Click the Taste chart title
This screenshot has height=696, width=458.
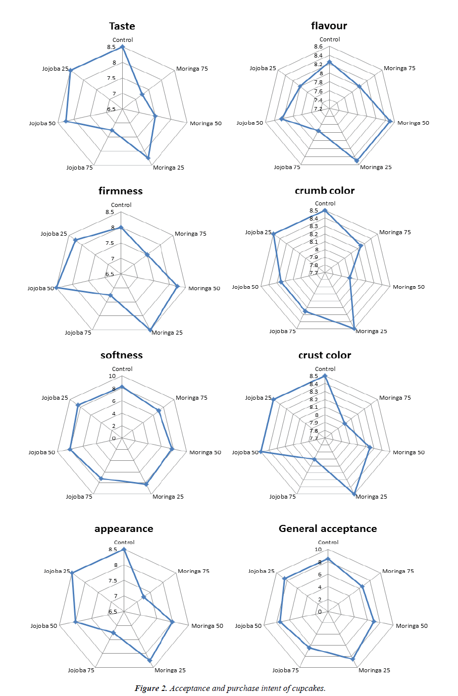coord(122,26)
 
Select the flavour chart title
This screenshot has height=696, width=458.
coord(329,26)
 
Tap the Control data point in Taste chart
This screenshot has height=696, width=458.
coord(122,47)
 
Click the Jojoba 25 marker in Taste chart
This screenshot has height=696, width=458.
coord(70,70)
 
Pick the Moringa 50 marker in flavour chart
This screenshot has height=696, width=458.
coord(390,121)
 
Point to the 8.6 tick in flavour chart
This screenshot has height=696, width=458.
coord(318,46)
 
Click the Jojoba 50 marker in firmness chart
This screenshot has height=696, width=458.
coord(56,288)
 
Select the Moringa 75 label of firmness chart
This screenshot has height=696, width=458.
coord(190,234)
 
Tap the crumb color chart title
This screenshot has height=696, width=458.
coord(325,191)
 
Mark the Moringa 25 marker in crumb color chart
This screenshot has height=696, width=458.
coord(353,328)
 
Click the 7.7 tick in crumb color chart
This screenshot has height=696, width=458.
coord(314,273)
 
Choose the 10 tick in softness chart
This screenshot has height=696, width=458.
coord(112,376)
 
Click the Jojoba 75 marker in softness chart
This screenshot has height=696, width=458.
coord(101,478)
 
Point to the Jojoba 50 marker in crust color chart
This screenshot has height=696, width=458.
coord(261,452)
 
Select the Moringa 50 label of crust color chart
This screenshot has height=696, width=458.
coord(409,452)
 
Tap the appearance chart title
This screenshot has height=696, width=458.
coord(124,529)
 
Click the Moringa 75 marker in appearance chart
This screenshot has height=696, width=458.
coord(143,597)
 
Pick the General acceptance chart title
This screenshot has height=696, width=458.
coord(328,529)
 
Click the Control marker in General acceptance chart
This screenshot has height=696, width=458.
coord(328,559)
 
